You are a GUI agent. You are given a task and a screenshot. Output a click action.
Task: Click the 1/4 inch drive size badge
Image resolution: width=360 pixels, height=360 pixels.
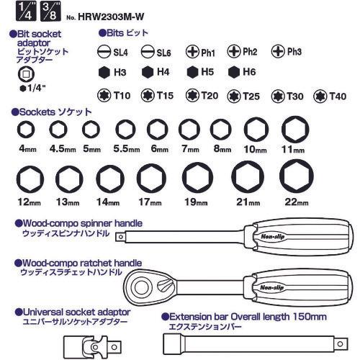click(x=26, y=11)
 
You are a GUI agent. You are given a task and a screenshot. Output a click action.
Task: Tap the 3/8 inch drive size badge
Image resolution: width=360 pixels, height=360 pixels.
click(x=50, y=11)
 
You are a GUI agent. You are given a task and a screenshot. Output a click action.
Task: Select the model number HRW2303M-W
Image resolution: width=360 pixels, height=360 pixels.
click(x=111, y=17)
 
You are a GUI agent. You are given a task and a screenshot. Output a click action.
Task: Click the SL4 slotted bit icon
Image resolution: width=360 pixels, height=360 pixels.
click(x=104, y=52)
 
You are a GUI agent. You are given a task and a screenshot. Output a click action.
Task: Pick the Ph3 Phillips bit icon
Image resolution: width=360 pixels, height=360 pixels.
click(x=278, y=51)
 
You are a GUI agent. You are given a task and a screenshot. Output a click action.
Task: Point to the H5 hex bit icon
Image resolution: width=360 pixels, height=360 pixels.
click(x=192, y=72)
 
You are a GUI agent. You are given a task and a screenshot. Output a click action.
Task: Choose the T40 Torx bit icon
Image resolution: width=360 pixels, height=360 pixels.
click(x=320, y=96)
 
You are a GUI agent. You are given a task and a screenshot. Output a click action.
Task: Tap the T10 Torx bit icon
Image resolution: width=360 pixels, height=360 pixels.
click(x=104, y=95)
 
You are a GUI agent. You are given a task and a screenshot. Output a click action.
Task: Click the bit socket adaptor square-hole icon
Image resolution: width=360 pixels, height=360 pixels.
click(x=26, y=74)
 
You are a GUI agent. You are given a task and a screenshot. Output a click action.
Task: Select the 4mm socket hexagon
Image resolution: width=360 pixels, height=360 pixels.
click(x=26, y=130)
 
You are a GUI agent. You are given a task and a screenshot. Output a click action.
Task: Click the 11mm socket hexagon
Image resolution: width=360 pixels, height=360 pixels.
click(x=295, y=129)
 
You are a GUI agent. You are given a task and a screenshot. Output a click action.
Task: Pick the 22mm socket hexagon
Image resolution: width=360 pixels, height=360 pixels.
click(x=297, y=176)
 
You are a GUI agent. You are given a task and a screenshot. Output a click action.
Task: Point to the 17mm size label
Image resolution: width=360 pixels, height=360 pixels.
click(x=150, y=202)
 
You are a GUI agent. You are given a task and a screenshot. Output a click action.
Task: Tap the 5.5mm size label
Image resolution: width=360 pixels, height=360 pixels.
click(x=127, y=149)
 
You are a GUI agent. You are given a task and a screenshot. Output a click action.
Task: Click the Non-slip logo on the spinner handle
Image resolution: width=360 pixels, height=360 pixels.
click(x=273, y=237)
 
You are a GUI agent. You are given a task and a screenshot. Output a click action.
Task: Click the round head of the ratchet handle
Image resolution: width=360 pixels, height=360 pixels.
click(x=141, y=287)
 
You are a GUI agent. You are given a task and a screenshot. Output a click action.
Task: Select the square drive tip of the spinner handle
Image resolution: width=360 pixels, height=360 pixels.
click(x=120, y=238)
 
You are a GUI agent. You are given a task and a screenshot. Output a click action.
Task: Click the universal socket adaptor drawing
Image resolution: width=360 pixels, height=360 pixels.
click(x=93, y=347)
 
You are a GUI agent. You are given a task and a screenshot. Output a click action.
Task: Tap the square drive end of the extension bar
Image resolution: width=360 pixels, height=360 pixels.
click(x=341, y=344)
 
